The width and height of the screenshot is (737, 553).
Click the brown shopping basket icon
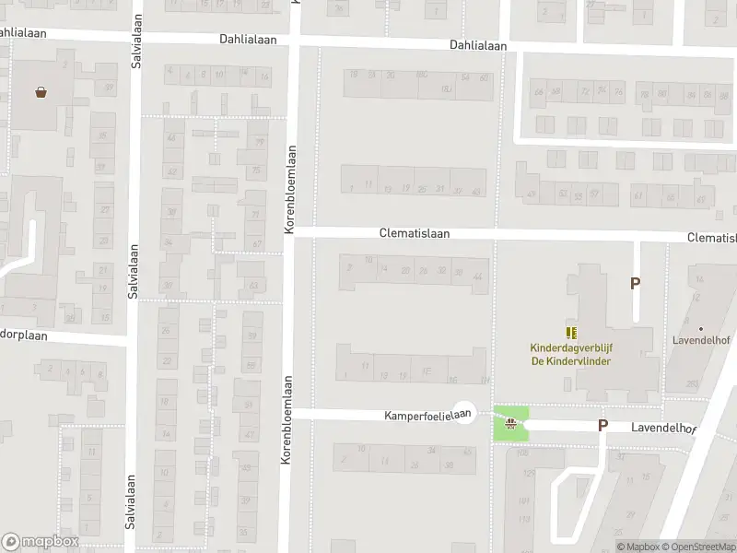coord(41,91)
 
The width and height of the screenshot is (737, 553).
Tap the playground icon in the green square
coord(511,423)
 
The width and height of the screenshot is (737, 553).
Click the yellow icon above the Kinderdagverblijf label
coord(571,333)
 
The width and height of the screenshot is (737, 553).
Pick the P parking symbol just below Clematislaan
coord(635,284)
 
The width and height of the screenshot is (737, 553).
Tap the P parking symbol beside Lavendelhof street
coord(603,425)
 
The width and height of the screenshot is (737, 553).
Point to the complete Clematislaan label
coord(414,234)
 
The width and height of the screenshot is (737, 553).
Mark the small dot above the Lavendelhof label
coord(700,328)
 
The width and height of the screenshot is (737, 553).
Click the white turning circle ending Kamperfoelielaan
coord(466,417)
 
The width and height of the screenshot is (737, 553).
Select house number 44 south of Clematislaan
coord(477,276)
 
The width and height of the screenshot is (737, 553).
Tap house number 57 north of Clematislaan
coord(593,194)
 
